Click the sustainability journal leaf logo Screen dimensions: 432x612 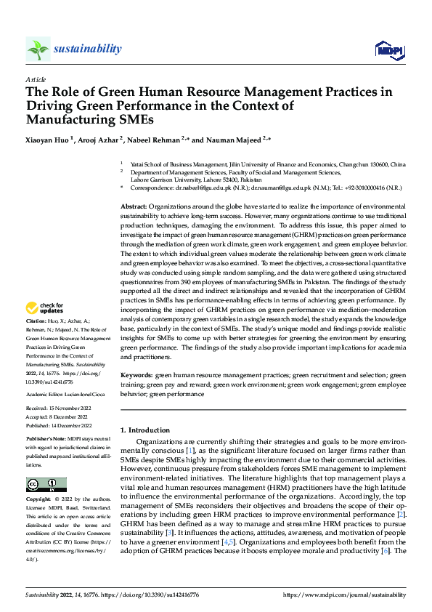pyautogui.click(x=38, y=49)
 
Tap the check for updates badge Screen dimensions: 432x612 pyautogui.click(x=46, y=328)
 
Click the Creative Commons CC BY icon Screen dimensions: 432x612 pyautogui.click(x=46, y=484)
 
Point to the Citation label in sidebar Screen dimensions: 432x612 pyautogui.click(x=36, y=341)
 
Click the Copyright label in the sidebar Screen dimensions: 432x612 pyautogui.click(x=38, y=500)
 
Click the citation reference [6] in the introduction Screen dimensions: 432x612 pyautogui.click(x=385, y=571)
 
